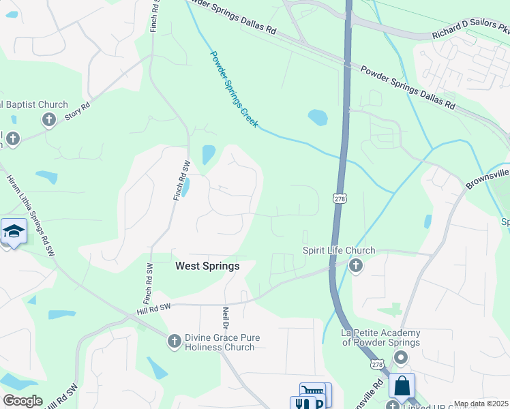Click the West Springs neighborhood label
tap(207, 266)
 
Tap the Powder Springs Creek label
tap(233, 89)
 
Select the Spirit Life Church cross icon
tap(355, 266)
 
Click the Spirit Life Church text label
tap(339, 251)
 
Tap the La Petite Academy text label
tap(380, 337)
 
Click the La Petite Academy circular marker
tap(401, 357)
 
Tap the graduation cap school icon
tap(14, 231)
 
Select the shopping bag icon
tap(402, 386)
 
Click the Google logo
tap(22, 401)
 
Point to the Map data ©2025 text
tap(481, 404)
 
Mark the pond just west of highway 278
tap(318, 117)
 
